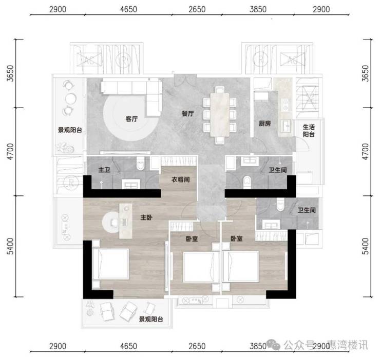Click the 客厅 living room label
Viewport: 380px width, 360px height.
(131, 119)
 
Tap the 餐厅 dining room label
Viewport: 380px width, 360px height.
(188, 113)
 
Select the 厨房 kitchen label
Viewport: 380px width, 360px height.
(264, 124)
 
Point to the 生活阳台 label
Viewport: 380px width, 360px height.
(309, 130)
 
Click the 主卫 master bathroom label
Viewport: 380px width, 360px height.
(104, 170)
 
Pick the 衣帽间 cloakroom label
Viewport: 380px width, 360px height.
(181, 179)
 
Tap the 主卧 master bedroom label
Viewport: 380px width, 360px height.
(146, 217)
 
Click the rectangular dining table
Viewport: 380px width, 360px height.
(220, 114)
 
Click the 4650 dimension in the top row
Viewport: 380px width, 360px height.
(128, 9)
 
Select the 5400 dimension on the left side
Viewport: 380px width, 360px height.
(10, 246)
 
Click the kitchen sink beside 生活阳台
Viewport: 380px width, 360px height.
(287, 126)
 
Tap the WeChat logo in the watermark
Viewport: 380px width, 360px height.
(274, 345)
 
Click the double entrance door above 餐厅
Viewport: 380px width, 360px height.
(185, 80)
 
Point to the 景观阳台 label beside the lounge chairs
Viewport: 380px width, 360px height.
(151, 319)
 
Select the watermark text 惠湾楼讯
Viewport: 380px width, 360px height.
(348, 345)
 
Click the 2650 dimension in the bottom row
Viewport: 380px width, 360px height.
(197, 346)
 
